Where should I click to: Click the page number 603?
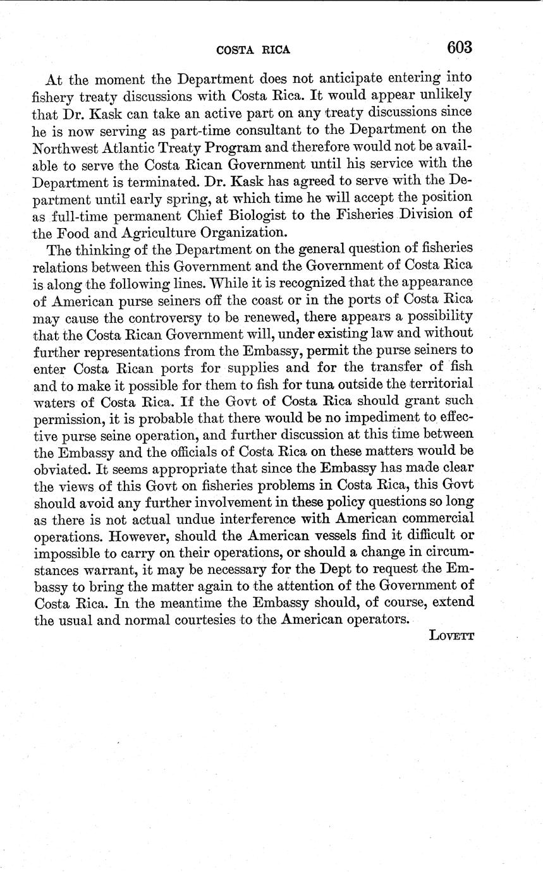coord(460,47)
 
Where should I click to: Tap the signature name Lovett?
coord(451,635)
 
